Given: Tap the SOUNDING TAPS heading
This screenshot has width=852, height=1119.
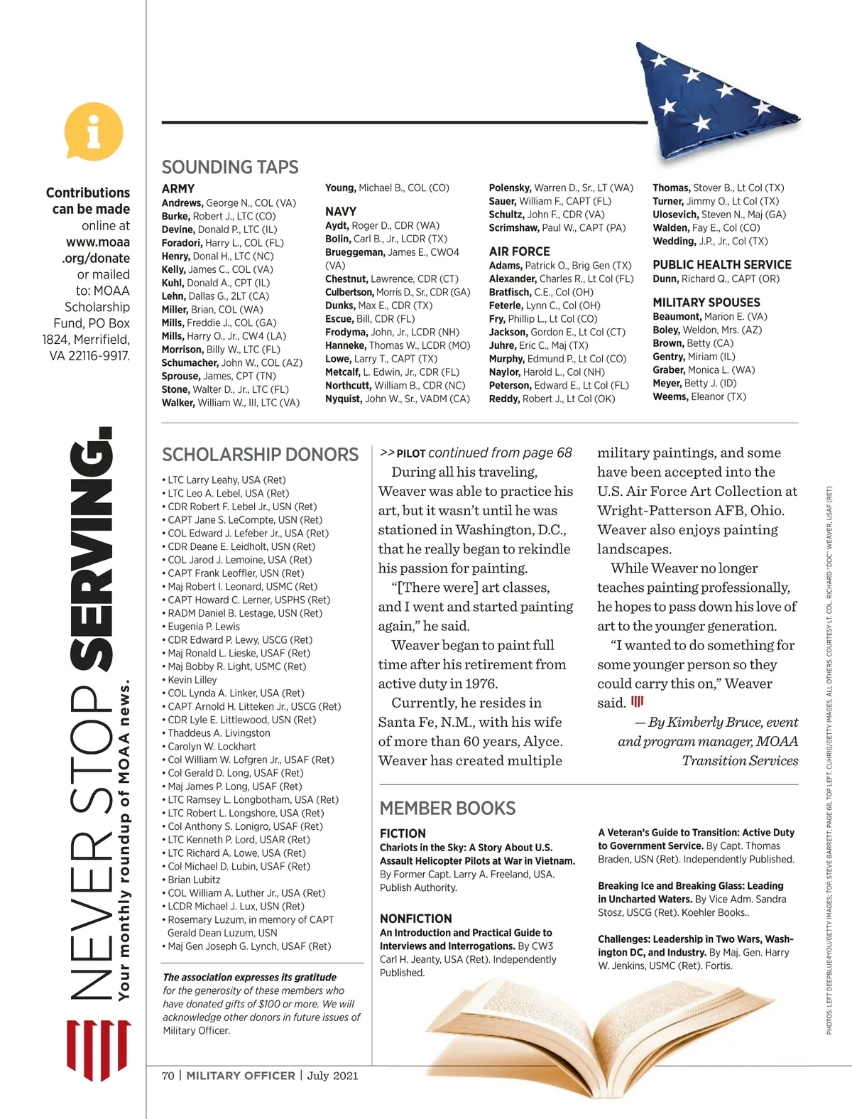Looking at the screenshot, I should click(230, 167).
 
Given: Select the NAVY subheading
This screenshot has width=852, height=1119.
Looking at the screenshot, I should click(341, 211).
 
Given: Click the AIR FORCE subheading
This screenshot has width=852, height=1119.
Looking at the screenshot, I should click(519, 251).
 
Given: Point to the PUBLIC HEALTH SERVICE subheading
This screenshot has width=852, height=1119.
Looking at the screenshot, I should click(721, 264).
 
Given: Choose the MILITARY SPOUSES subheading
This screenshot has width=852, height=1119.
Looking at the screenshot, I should click(706, 302).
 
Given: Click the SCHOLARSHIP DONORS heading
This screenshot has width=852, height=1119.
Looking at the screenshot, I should click(260, 455).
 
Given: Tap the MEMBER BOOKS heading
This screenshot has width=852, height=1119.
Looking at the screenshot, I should click(447, 808).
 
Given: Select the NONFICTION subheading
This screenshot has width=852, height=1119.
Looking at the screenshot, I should click(415, 918).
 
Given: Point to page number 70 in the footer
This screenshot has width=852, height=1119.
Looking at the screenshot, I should click(168, 1076).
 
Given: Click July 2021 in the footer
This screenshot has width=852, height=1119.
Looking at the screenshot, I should click(332, 1076).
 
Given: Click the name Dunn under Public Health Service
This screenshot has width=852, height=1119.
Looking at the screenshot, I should click(665, 279).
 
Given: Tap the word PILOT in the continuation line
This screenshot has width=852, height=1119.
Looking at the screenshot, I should click(411, 453).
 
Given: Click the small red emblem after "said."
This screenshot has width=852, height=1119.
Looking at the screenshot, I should click(638, 702).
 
